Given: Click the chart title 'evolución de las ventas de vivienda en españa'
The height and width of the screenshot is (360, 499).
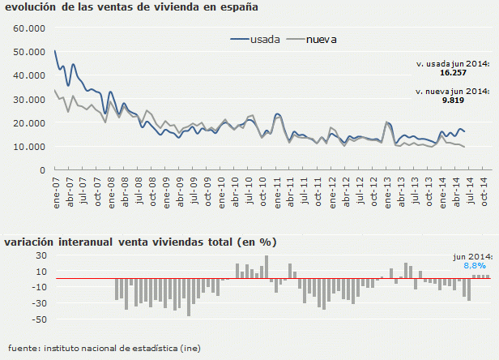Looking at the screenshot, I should (131, 8).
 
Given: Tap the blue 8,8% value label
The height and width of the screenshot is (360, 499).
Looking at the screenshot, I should (474, 265).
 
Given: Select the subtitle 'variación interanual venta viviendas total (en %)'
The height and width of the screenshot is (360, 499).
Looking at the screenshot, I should (140, 242).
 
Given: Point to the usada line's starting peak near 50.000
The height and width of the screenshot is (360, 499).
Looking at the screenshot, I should (55, 51).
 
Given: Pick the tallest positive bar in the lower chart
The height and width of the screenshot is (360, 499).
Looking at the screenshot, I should (266, 267).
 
